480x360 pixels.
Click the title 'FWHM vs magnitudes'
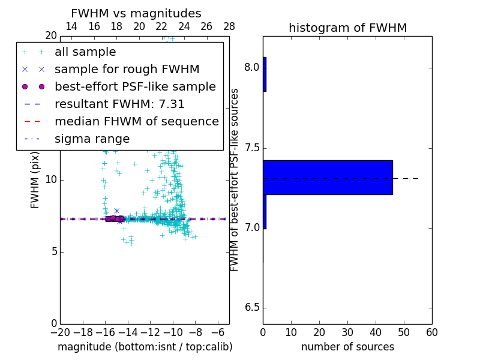tap(136, 14)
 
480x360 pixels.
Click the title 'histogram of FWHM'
tap(347, 28)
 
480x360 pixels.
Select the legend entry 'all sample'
tap(85, 52)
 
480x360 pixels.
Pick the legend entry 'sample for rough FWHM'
tap(127, 70)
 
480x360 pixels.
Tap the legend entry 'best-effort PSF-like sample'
tap(135, 86)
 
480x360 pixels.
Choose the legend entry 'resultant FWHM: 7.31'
tap(119, 104)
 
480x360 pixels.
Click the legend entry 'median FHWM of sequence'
tap(136, 121)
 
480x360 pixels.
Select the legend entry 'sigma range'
tap(92, 139)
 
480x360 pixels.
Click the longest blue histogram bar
tap(328, 177)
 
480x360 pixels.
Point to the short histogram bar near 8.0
tap(265, 74)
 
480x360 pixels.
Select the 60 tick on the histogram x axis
tap(432, 332)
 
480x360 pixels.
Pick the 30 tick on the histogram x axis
tap(347, 332)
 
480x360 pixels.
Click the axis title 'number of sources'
tap(347, 347)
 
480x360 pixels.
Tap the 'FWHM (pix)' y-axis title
tap(35, 179)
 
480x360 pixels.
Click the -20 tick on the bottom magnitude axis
tap(60, 332)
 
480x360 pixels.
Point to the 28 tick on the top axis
tap(229, 26)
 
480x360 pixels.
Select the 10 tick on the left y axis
tap(50, 180)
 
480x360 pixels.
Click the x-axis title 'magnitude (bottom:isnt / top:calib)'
tap(145, 347)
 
